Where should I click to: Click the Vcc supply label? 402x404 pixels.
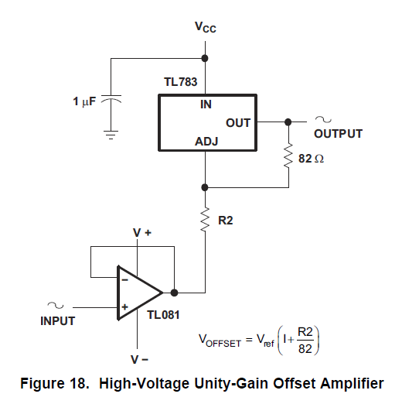pyautogui.click(x=206, y=27)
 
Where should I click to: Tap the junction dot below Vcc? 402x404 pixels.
pyautogui.click(x=205, y=58)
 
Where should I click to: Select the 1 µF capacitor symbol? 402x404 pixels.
pyautogui.click(x=111, y=99)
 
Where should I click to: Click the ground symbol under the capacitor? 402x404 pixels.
pyautogui.click(x=111, y=135)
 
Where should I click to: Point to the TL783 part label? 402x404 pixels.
pyautogui.click(x=181, y=82)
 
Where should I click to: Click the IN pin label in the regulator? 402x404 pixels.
pyautogui.click(x=206, y=104)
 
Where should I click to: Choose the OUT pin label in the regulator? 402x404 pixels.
pyautogui.click(x=238, y=123)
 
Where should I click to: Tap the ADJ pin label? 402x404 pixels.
pyautogui.click(x=206, y=142)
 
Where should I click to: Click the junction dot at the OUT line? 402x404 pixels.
pyautogui.click(x=288, y=122)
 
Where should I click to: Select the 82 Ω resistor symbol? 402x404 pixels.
pyautogui.click(x=288, y=156)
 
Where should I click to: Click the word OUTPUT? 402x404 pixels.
pyautogui.click(x=338, y=134)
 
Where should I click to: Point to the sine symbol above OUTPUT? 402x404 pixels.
pyautogui.click(x=323, y=119)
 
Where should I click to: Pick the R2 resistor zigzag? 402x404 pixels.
pyautogui.click(x=206, y=220)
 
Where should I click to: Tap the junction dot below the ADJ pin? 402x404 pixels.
pyautogui.click(x=205, y=187)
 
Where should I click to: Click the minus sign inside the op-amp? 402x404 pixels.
pyautogui.click(x=125, y=279)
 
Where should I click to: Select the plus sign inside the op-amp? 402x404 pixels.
pyautogui.click(x=125, y=307)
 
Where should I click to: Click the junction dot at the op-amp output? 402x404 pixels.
pyautogui.click(x=174, y=293)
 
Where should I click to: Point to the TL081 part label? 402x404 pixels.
pyautogui.click(x=163, y=315)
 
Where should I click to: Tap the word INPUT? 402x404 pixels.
pyautogui.click(x=58, y=321)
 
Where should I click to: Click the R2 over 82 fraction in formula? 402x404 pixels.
pyautogui.click(x=305, y=341)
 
